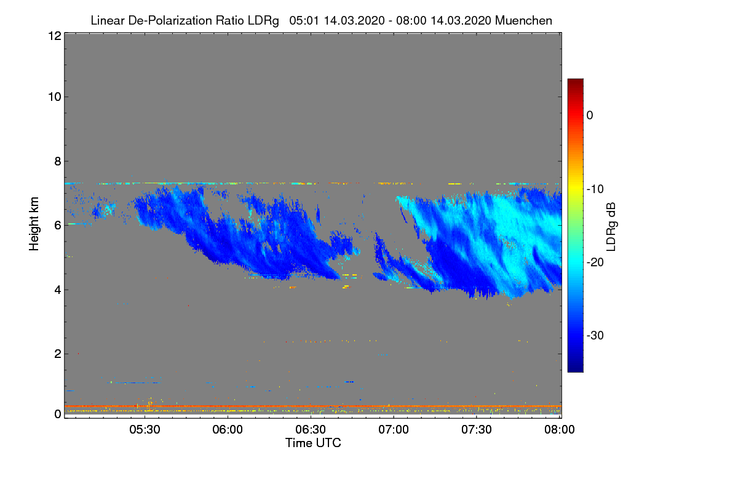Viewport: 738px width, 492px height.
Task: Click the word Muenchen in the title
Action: (523, 20)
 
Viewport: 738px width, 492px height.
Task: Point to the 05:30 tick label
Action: (145, 430)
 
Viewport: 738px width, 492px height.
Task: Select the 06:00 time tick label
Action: (228, 430)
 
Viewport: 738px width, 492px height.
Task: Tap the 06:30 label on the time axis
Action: (311, 430)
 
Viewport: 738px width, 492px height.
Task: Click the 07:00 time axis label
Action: (394, 430)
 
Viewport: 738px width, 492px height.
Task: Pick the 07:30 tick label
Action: (477, 430)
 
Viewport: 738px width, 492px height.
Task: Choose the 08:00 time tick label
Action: (559, 430)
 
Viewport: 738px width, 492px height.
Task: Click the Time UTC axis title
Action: (313, 443)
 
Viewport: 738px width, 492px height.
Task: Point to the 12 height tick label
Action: (54, 36)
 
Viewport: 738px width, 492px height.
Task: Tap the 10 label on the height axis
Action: (54, 97)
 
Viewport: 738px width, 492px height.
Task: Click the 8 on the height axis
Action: (57, 161)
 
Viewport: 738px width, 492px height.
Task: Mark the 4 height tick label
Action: (57, 290)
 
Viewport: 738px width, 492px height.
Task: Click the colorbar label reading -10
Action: (594, 189)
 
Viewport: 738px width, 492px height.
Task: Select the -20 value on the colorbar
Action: (594, 262)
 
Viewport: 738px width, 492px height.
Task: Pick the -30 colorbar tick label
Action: (594, 336)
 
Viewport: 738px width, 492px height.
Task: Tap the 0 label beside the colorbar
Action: (590, 115)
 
